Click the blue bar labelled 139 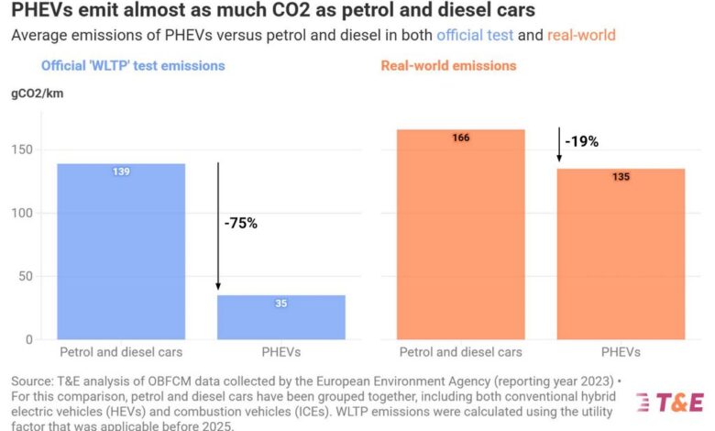(x=121, y=251)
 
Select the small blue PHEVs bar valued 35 (x=280, y=316)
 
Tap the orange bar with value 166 (x=460, y=234)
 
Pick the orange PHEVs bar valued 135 (x=621, y=253)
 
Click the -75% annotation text (x=241, y=223)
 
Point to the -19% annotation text (x=581, y=141)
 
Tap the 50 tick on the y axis (x=26, y=276)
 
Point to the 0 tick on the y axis (x=29, y=339)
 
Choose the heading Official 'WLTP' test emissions (x=132, y=66)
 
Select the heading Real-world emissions (x=448, y=66)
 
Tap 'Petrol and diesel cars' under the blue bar (x=121, y=352)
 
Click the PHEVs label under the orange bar (x=621, y=352)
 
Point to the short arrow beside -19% (x=558, y=145)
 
